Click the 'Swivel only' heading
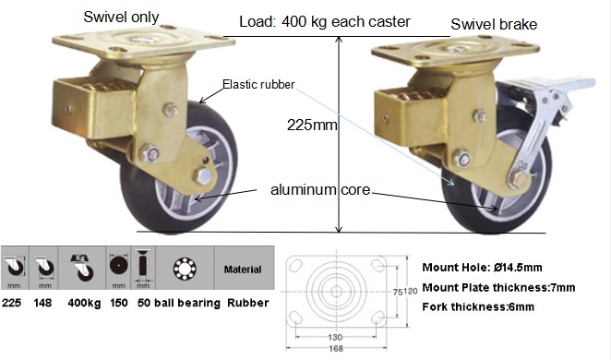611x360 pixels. coord(121,18)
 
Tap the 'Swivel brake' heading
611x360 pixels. coord(494,25)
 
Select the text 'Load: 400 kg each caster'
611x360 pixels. coord(325,22)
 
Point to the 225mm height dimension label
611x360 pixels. coord(312,125)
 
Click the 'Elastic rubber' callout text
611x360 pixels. coord(258,85)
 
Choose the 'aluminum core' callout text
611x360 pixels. coord(320,190)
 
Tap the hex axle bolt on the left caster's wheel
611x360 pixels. coord(203,176)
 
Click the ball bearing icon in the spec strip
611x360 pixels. coord(185,269)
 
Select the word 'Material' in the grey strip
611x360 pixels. coord(243,270)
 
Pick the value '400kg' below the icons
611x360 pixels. coord(84,303)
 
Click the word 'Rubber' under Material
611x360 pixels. coord(248,303)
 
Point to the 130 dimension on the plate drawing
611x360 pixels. coord(335,337)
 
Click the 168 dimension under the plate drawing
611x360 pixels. coord(336,348)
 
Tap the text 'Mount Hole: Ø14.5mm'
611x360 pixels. coord(482,268)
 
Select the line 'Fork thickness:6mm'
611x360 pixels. coord(478,307)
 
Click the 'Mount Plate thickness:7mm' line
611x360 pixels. coord(498,287)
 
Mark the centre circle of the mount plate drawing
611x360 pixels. coord(336,291)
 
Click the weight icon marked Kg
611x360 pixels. coord(82,267)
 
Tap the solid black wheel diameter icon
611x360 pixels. coord(118,266)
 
